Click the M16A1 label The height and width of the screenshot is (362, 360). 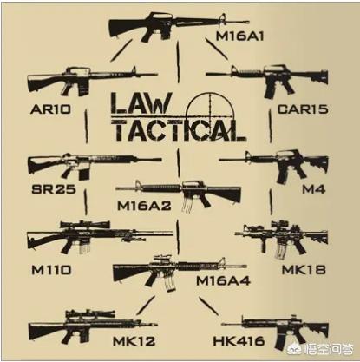coord(240,36)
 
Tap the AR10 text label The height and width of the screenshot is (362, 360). coord(50,109)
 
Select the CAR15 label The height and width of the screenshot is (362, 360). coord(303,109)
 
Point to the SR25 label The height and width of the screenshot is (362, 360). coord(54,189)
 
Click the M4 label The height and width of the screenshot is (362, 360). coord(314,189)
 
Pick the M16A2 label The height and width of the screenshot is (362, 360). coord(144,206)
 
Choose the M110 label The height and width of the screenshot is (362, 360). coord(51,270)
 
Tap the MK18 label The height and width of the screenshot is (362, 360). coord(304,270)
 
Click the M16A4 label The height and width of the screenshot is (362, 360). coord(223,280)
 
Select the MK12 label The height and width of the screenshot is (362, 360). coord(134,341)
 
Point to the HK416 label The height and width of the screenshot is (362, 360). coord(239,341)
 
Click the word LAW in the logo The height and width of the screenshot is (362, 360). coord(141,103)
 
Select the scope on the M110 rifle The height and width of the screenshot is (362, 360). coord(85,224)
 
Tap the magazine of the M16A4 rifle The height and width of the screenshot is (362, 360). coord(170,283)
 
